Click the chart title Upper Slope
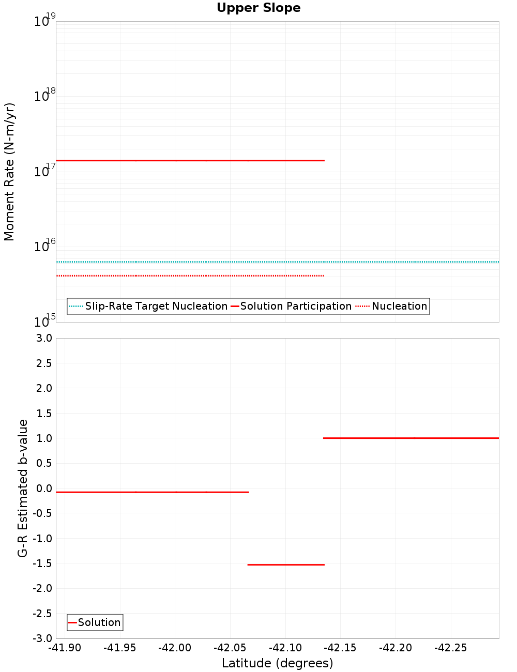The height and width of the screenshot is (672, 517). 258,8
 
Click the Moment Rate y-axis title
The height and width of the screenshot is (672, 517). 10,172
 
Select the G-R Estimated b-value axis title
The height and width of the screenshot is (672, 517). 23,488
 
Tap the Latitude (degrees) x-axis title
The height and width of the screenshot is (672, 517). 277,663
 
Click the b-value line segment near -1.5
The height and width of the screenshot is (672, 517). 286,565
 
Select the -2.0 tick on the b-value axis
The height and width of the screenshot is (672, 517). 42,588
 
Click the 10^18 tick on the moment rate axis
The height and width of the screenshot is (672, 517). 44,96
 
